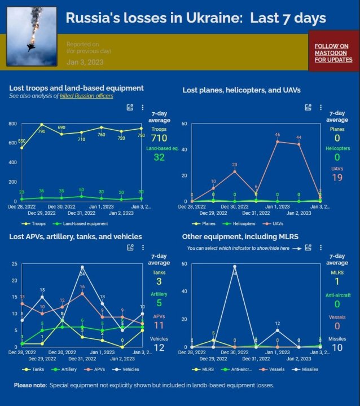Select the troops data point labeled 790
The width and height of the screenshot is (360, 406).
pyautogui.click(x=42, y=125)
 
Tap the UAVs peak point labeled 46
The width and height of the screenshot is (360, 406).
pyautogui.click(x=278, y=141)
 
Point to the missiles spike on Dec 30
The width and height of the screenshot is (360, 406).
pyautogui.click(x=234, y=266)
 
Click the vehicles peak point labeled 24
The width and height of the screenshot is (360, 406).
pyautogui.click(x=82, y=267)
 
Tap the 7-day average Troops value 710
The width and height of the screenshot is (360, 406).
pyautogui.click(x=159, y=138)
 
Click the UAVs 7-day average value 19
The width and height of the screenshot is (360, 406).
pyautogui.click(x=337, y=178)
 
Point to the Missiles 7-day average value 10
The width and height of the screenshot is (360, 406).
pyautogui.click(x=337, y=348)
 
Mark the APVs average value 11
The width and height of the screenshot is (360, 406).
pyautogui.click(x=159, y=325)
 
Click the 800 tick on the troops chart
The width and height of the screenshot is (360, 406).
pyautogui.click(x=13, y=123)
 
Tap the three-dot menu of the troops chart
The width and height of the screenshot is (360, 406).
pyautogui.click(x=142, y=107)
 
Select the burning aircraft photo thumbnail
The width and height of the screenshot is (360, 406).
pyautogui.click(x=32, y=36)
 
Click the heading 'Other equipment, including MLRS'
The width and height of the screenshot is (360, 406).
pyautogui.click(x=241, y=236)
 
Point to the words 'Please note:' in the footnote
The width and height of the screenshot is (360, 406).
pyautogui.click(x=30, y=386)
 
